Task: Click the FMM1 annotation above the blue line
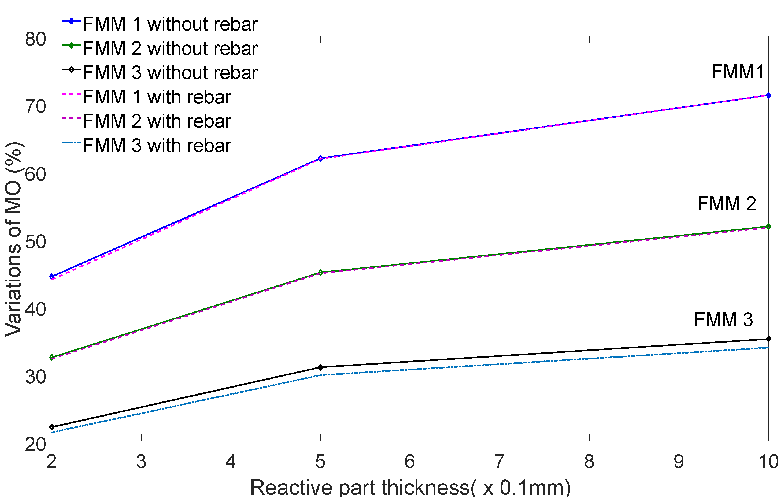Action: click(x=737, y=72)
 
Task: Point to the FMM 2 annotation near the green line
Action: click(x=727, y=204)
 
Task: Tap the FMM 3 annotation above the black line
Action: click(x=723, y=319)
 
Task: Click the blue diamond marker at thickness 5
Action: click(x=320, y=158)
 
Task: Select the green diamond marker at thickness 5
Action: click(x=320, y=272)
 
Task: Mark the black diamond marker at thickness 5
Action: click(x=320, y=367)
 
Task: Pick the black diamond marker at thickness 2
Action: click(x=51, y=427)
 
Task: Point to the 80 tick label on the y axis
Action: click(x=35, y=39)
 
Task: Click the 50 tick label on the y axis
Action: click(x=35, y=241)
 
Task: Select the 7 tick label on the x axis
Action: click(x=499, y=462)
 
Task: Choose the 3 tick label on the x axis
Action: click(x=141, y=462)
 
